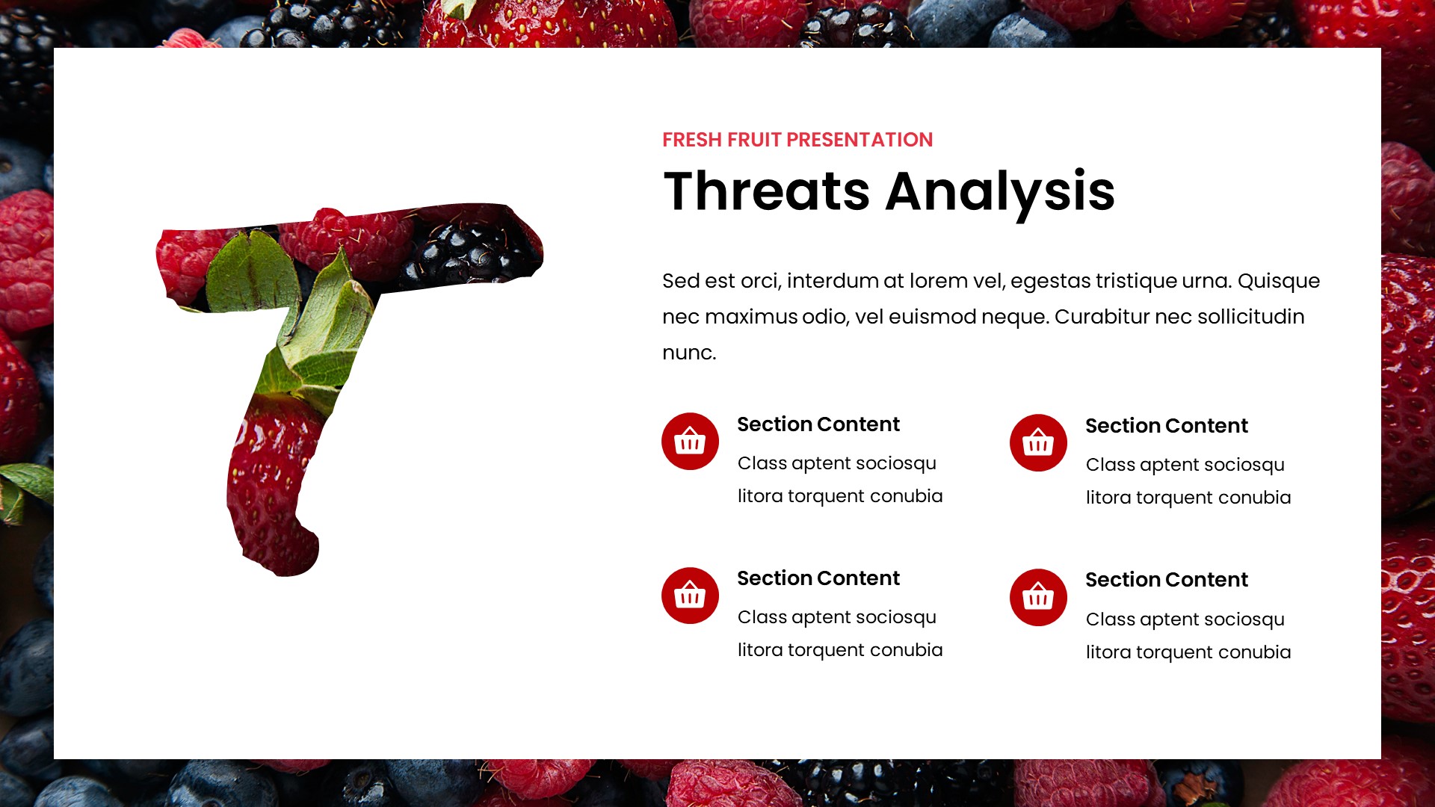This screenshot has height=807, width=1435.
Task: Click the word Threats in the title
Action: click(x=767, y=192)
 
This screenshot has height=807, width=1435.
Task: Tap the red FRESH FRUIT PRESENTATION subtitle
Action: click(x=797, y=140)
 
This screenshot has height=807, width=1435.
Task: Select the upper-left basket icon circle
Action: click(x=689, y=442)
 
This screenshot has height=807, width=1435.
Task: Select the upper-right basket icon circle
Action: click(x=1037, y=443)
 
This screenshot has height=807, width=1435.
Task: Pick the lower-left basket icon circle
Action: click(x=689, y=596)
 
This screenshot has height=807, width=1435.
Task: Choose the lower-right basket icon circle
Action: click(x=1037, y=597)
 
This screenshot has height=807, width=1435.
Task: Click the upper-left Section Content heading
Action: click(x=818, y=424)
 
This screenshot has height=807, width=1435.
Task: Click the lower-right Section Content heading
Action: click(x=1166, y=580)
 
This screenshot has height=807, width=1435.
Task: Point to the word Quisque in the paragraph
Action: click(x=1278, y=281)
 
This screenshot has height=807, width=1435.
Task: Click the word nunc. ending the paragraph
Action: click(x=688, y=353)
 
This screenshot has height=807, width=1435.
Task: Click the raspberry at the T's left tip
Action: click(x=183, y=262)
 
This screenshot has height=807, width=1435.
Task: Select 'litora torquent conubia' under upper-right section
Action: click(x=1188, y=498)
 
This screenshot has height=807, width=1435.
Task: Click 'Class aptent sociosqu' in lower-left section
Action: click(x=836, y=617)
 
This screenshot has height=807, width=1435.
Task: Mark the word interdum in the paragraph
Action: click(x=832, y=281)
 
